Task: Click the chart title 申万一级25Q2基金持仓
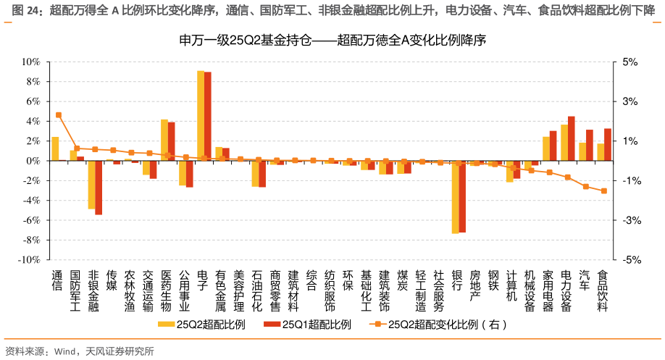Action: click(x=332, y=41)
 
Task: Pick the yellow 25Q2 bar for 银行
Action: click(x=455, y=196)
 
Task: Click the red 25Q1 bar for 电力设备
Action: click(x=572, y=138)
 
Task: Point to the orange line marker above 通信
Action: click(x=59, y=115)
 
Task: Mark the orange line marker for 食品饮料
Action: click(x=603, y=191)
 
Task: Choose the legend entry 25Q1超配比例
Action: click(x=310, y=325)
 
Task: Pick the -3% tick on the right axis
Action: click(x=630, y=220)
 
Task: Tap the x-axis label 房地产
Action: click(x=475, y=285)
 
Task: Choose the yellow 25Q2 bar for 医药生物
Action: click(x=164, y=140)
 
